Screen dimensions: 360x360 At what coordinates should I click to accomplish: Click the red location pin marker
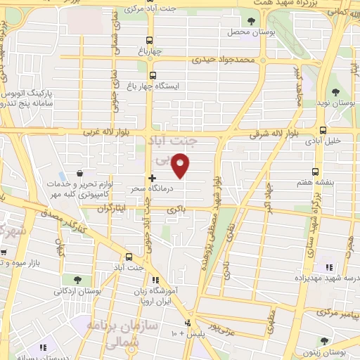coord(181,165)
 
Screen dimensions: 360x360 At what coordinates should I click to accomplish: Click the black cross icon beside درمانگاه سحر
coord(152,178)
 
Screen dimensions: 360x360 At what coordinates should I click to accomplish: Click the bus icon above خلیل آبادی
coord(323,130)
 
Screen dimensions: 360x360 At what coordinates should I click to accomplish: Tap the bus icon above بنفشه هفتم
coord(315,172)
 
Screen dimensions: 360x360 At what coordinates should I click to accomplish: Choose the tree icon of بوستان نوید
coord(335,91)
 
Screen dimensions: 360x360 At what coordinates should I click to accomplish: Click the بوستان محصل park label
coord(244,32)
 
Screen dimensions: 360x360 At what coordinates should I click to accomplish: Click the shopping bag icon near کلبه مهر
coord(80,173)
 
